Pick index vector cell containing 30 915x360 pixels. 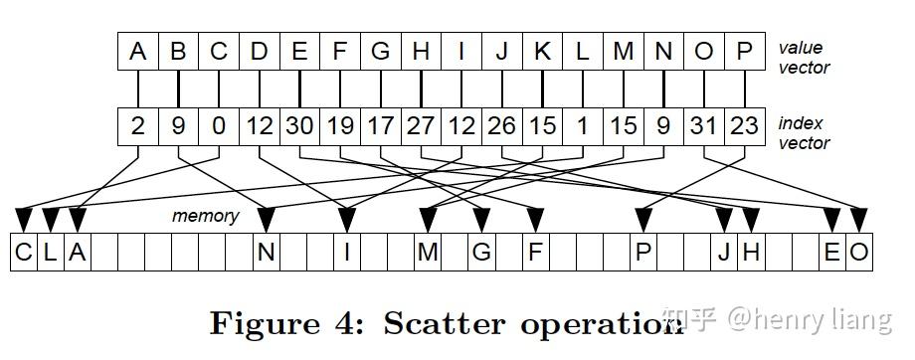(x=299, y=126)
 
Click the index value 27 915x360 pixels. (x=421, y=126)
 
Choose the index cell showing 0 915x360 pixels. (x=219, y=126)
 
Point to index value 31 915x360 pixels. (x=703, y=126)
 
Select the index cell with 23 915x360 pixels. (x=744, y=126)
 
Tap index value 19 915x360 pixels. (x=340, y=126)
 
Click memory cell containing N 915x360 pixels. (x=266, y=253)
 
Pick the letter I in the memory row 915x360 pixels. (x=346, y=253)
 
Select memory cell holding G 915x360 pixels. (x=481, y=253)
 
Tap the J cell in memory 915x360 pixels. (x=724, y=253)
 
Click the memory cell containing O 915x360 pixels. (x=859, y=253)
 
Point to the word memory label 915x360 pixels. (x=205, y=216)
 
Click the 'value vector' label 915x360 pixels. (x=804, y=58)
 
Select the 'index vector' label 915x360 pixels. (x=804, y=133)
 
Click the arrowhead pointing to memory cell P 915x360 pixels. (x=643, y=215)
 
